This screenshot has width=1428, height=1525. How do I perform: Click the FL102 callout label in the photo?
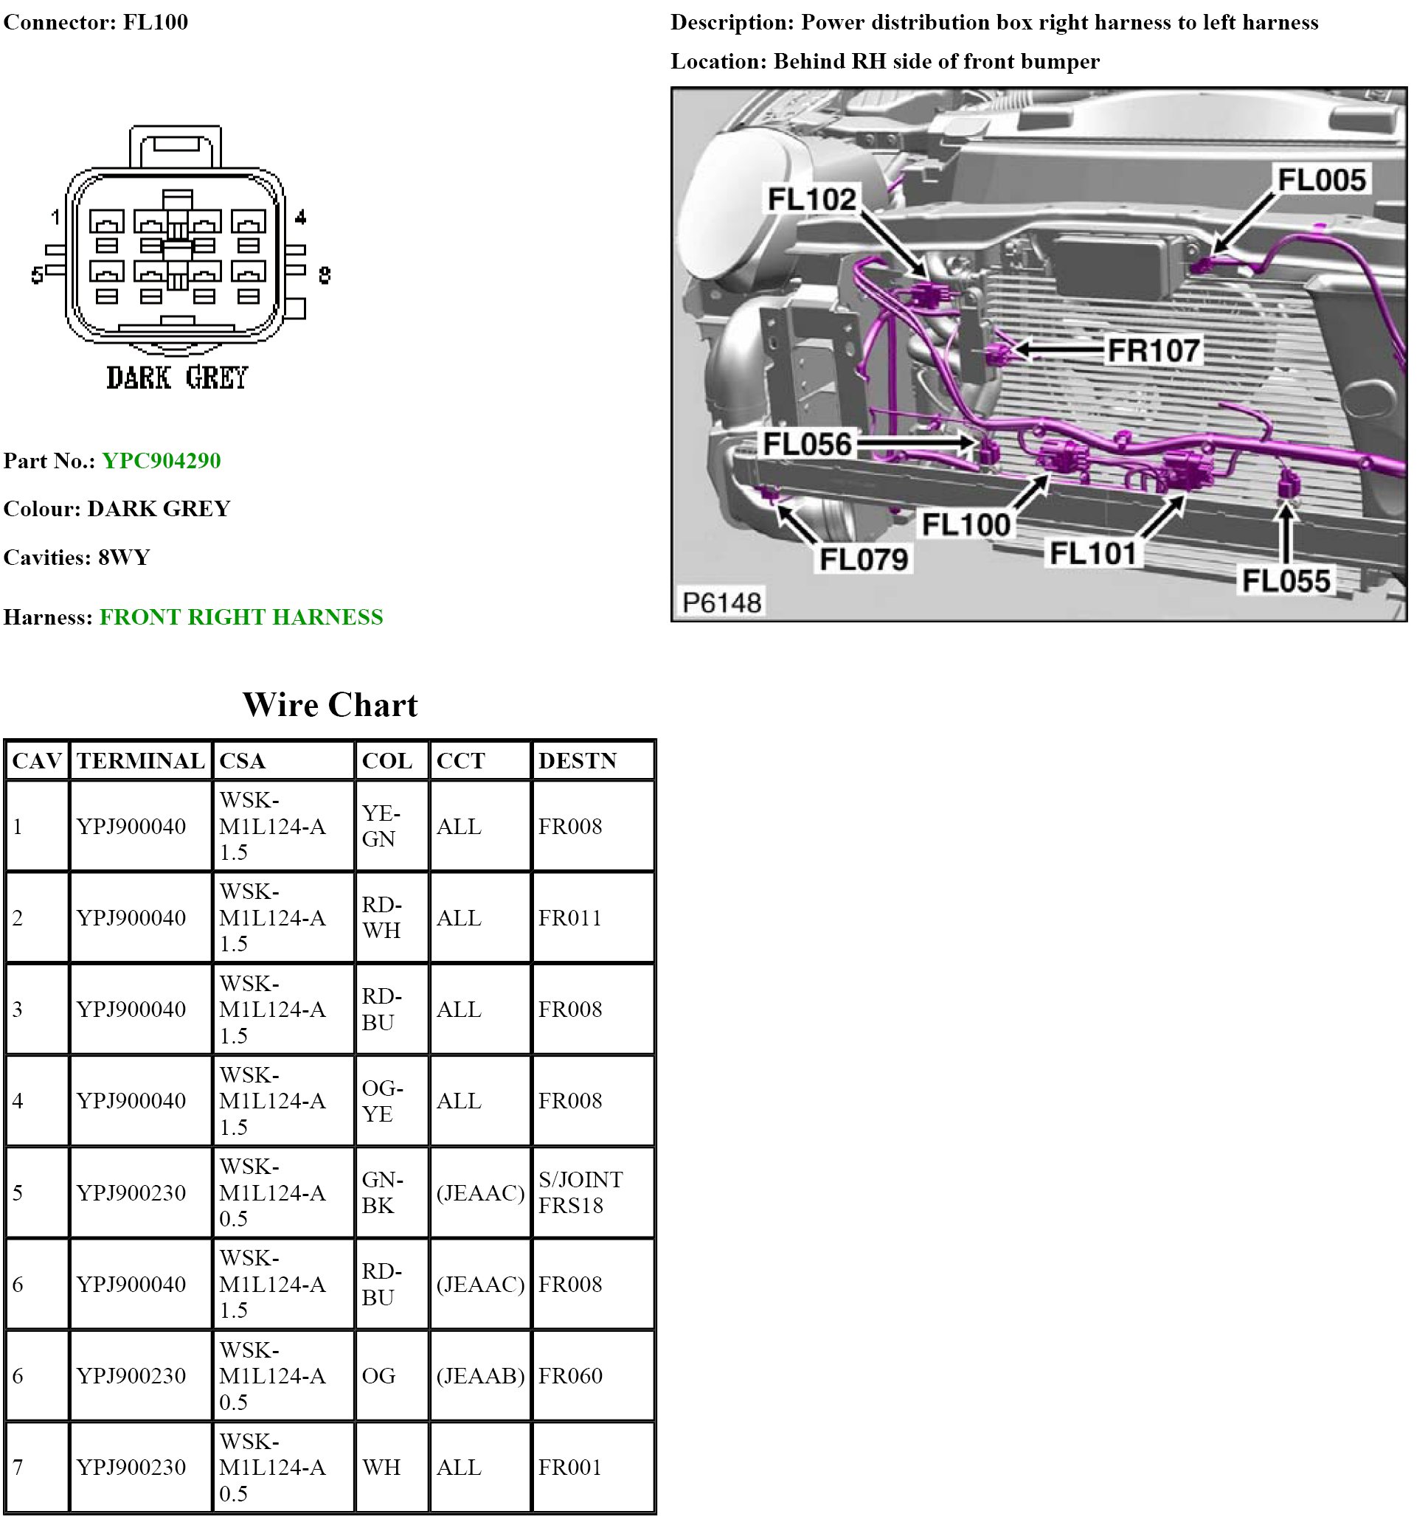tap(811, 199)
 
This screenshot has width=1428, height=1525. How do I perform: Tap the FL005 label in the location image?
tap(1321, 180)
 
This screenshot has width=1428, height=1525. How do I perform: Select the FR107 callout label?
tap(1154, 351)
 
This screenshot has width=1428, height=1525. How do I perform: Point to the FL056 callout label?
tap(806, 444)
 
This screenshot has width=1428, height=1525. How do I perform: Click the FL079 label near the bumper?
tap(863, 559)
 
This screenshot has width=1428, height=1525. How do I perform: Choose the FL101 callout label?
tap(1092, 553)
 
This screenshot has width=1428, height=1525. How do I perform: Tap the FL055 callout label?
tap(1286, 580)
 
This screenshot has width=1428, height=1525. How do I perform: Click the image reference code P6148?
tap(721, 603)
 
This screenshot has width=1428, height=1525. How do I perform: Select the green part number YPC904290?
tap(161, 460)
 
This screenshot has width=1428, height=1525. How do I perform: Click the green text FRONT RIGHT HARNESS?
tap(241, 616)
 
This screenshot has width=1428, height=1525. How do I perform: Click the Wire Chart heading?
tap(330, 704)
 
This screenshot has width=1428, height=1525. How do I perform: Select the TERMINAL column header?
tap(140, 761)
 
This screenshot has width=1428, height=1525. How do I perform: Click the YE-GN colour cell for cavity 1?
tap(381, 826)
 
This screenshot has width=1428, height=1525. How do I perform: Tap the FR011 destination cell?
tap(570, 917)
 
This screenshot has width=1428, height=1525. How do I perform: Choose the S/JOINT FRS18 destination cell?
tap(580, 1192)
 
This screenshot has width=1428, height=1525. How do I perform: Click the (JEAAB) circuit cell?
tap(480, 1375)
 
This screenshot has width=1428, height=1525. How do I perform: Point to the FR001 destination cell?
tap(570, 1467)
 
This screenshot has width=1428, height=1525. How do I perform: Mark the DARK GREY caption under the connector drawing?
tap(176, 378)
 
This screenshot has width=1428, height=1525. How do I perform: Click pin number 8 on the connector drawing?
tap(325, 274)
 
